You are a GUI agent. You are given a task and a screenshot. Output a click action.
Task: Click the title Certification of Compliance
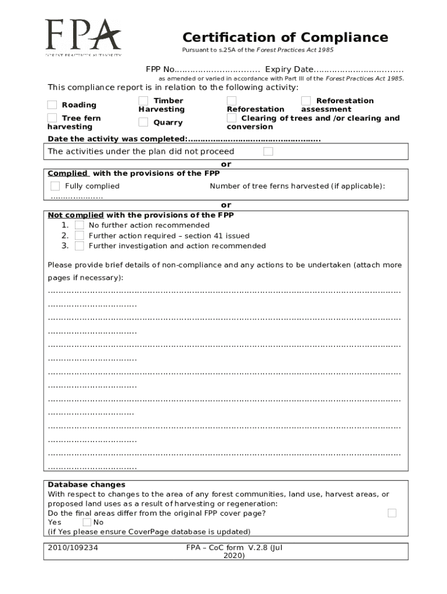285,38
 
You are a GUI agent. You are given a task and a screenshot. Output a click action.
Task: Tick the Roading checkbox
52,105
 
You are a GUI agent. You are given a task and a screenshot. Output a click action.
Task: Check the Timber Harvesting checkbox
143,102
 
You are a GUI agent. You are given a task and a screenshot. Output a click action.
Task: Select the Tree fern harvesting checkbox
52,118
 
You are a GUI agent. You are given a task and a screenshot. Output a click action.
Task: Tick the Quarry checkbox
143,122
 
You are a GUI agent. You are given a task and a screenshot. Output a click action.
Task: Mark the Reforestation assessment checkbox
306,102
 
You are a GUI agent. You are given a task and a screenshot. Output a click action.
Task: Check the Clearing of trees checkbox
232,118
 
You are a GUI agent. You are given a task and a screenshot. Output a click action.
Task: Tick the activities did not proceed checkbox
268,151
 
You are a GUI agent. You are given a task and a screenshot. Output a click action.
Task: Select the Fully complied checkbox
55,186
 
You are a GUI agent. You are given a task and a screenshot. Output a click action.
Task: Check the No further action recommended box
80,225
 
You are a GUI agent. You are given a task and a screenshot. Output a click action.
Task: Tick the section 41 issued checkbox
80,236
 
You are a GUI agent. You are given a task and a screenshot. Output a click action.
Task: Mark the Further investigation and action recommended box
80,246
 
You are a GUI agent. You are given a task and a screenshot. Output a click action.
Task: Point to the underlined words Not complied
75,215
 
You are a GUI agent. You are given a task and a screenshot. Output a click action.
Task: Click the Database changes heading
86,484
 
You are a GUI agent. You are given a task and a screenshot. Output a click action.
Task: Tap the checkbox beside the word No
87,522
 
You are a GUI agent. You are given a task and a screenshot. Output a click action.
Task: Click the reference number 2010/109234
73,547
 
